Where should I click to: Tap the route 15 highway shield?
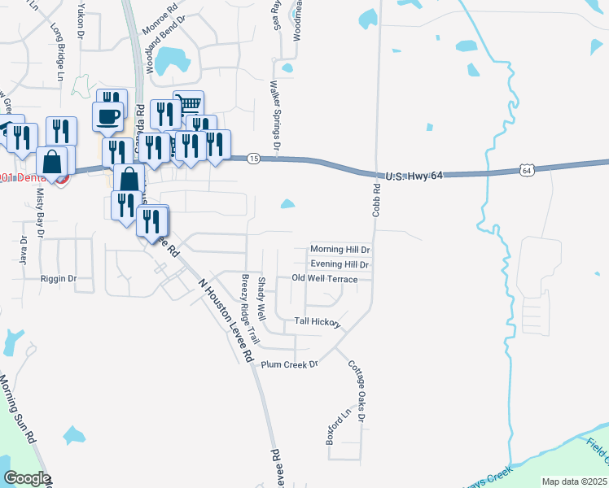point(254,158)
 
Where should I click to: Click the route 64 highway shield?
point(527,170)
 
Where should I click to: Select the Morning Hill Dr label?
point(340,250)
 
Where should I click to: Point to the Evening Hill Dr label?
point(340,264)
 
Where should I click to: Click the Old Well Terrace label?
point(325,279)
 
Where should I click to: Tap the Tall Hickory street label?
point(316,321)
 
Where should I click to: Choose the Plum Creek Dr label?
point(288,364)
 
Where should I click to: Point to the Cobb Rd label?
point(377,199)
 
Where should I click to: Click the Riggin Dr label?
point(58,278)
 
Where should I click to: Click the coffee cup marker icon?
point(108,115)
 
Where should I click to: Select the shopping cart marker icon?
point(189,103)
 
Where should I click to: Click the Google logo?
point(27,478)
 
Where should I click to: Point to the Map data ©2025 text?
point(574,481)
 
